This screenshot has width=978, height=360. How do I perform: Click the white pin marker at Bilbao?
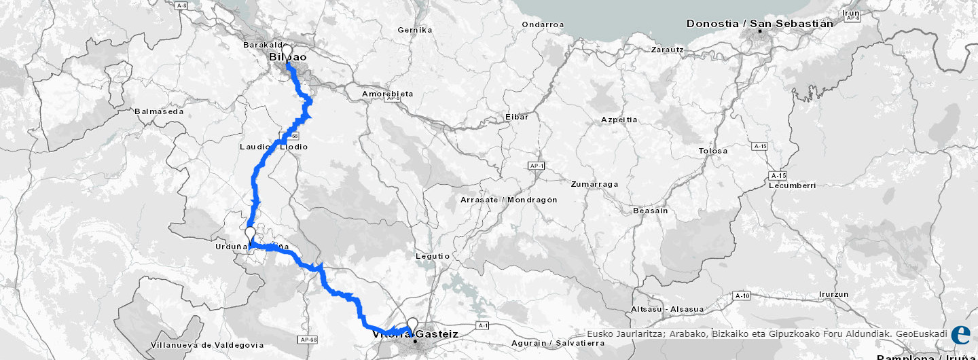(287, 53)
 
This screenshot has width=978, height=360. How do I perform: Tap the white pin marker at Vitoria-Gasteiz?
(412, 325)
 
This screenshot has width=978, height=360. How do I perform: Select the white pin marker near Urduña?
(251, 234)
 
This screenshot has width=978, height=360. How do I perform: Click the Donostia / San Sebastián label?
(759, 24)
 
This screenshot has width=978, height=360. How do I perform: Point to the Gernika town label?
(416, 30)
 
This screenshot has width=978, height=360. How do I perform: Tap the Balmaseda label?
(160, 111)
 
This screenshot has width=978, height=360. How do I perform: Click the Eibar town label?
(517, 117)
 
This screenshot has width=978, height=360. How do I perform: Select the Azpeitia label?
(619, 120)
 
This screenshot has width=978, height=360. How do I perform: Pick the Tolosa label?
(713, 151)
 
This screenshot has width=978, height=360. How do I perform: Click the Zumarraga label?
(594, 184)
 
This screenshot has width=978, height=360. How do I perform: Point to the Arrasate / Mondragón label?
(509, 200)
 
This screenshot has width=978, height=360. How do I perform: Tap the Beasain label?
(650, 211)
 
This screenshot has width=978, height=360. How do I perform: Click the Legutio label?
(433, 256)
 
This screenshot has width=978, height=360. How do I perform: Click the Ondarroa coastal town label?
(543, 24)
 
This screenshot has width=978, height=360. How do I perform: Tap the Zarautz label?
(670, 50)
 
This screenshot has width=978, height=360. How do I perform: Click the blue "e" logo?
(960, 335)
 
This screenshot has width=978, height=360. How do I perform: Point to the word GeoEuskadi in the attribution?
(922, 334)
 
